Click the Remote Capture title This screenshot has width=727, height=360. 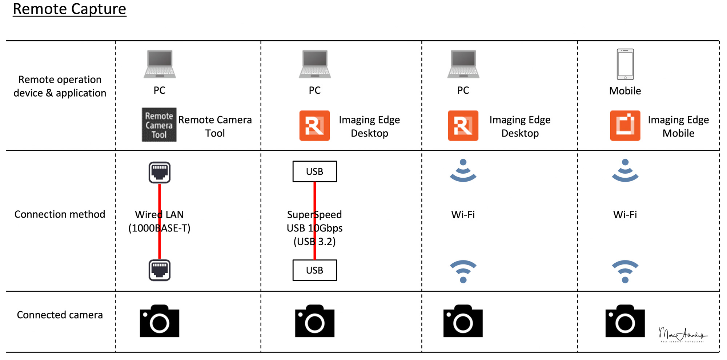tap(69, 9)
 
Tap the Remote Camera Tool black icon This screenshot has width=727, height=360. tap(159, 125)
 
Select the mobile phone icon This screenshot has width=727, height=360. tap(625, 64)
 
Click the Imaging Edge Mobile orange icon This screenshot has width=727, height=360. tap(625, 126)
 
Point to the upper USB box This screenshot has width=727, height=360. tap(314, 171)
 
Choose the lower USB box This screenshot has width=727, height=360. tap(314, 270)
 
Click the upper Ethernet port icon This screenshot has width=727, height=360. tap(160, 173)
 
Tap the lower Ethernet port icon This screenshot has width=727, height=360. tap(160, 270)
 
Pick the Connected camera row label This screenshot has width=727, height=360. tap(60, 315)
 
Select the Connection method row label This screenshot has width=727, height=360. tap(60, 214)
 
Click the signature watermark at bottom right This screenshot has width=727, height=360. tap(682, 334)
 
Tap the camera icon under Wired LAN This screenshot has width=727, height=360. tap(160, 321)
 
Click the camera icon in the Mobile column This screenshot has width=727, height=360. tap(625, 321)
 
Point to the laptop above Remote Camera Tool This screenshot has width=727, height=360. tap(160, 64)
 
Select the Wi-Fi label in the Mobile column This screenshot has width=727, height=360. tap(625, 215)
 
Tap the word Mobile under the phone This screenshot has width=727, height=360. tap(625, 91)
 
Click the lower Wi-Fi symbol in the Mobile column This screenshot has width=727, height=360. tap(625, 271)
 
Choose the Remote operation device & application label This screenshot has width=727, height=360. tap(60, 86)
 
